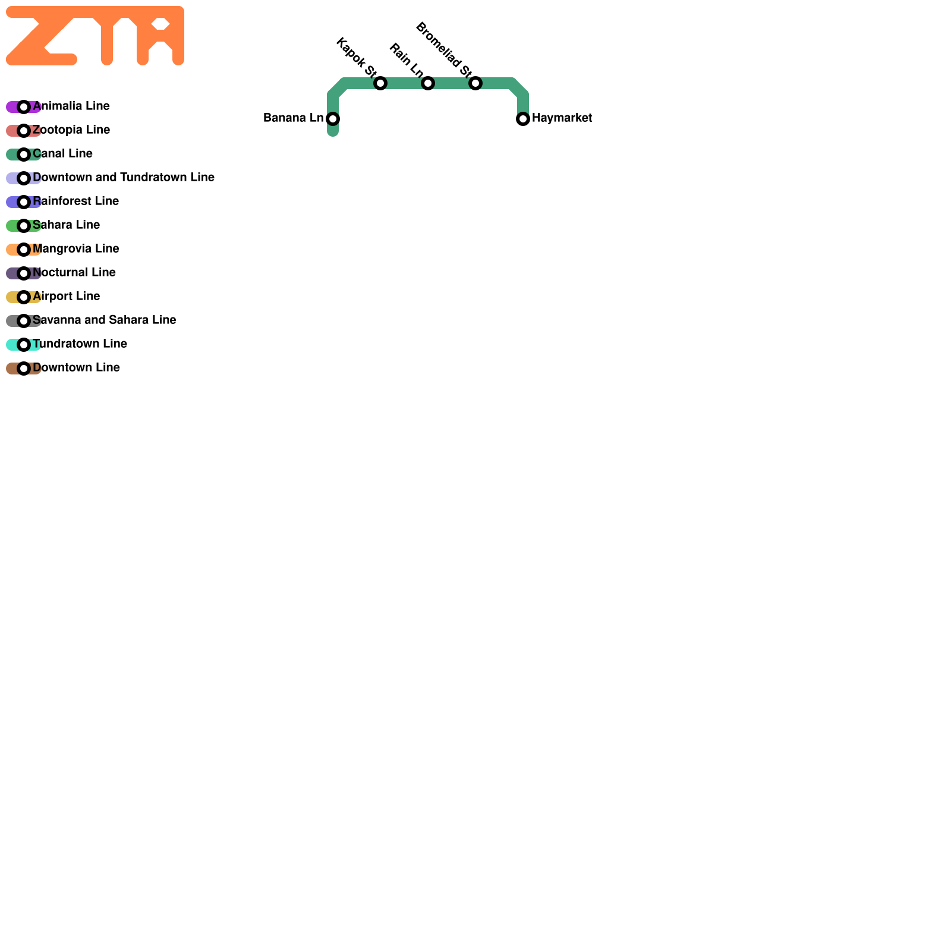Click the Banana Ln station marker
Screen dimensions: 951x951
(x=333, y=119)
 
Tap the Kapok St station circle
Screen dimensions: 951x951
(x=380, y=83)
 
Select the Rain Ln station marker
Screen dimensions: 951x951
(x=428, y=83)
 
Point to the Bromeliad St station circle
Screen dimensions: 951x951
(x=475, y=83)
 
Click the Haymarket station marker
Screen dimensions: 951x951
(x=523, y=119)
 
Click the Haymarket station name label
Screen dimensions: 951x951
(x=562, y=118)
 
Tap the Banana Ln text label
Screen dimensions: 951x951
(x=293, y=118)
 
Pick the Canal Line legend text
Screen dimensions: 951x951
(x=62, y=154)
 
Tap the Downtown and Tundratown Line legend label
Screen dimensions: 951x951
(x=124, y=178)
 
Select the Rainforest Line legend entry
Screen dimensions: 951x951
(x=75, y=201)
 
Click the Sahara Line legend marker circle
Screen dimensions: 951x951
(x=24, y=226)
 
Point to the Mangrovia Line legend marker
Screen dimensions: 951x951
(x=24, y=250)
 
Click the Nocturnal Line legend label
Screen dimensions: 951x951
(x=74, y=273)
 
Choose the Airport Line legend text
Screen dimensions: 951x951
(x=66, y=297)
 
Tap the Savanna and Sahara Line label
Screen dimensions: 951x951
(x=104, y=320)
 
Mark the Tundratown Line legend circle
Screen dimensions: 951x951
(x=24, y=345)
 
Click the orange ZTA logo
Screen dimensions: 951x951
(x=95, y=36)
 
